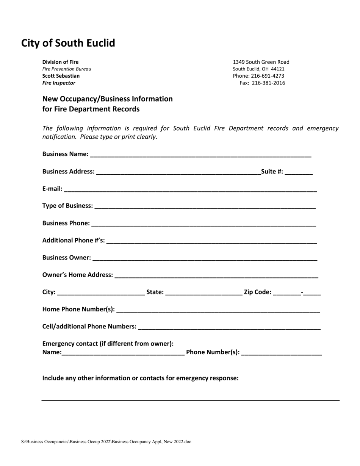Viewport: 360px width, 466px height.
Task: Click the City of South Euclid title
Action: (68, 43)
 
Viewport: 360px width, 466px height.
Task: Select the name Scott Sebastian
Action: (61, 76)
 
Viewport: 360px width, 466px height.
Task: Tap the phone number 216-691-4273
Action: (268, 76)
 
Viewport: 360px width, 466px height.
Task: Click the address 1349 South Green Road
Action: (261, 62)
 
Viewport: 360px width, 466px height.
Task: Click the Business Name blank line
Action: (201, 155)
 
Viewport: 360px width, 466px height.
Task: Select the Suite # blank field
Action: (299, 172)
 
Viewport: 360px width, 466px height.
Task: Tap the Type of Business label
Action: (67, 205)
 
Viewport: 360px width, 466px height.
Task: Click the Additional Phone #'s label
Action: (74, 240)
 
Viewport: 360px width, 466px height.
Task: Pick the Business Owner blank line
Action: (205, 259)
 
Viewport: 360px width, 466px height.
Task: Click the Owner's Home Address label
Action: (77, 274)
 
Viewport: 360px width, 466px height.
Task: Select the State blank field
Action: (204, 293)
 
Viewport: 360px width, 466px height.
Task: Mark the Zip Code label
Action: (258, 292)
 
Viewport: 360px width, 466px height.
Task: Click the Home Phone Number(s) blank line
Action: (218, 311)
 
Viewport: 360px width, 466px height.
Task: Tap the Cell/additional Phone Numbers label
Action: (89, 326)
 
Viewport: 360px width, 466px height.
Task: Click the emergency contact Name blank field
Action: (123, 353)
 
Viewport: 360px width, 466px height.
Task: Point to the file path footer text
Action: (106, 442)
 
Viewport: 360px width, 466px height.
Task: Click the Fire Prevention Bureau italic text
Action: (66, 69)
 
